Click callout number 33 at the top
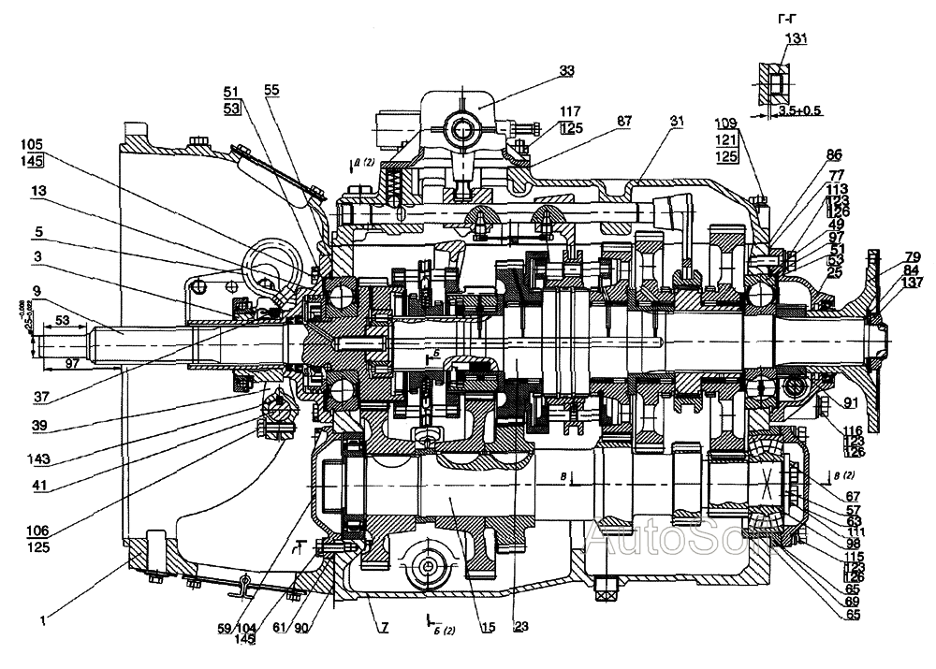coord(567,70)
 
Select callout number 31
coord(677,122)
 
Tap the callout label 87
coord(624,122)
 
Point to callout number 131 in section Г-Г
coord(796,38)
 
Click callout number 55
coord(272,91)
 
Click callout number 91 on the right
coord(850,403)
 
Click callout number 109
coord(725,123)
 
